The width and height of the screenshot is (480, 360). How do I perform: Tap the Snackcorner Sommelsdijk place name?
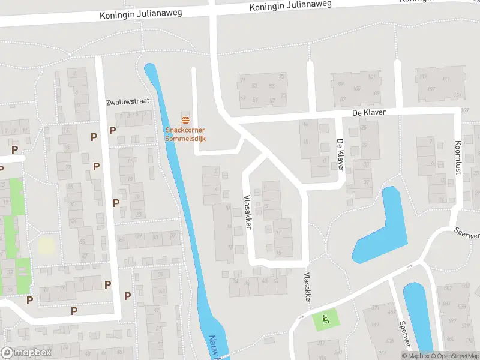tap(185, 134)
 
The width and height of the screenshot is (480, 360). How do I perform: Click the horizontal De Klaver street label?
tap(368, 113)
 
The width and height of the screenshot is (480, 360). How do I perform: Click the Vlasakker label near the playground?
tap(307, 288)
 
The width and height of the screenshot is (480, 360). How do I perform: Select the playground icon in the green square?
tap(326, 319)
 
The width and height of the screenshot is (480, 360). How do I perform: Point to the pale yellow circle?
tap(46, 245)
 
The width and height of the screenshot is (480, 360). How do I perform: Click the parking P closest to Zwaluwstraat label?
tap(112, 130)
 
